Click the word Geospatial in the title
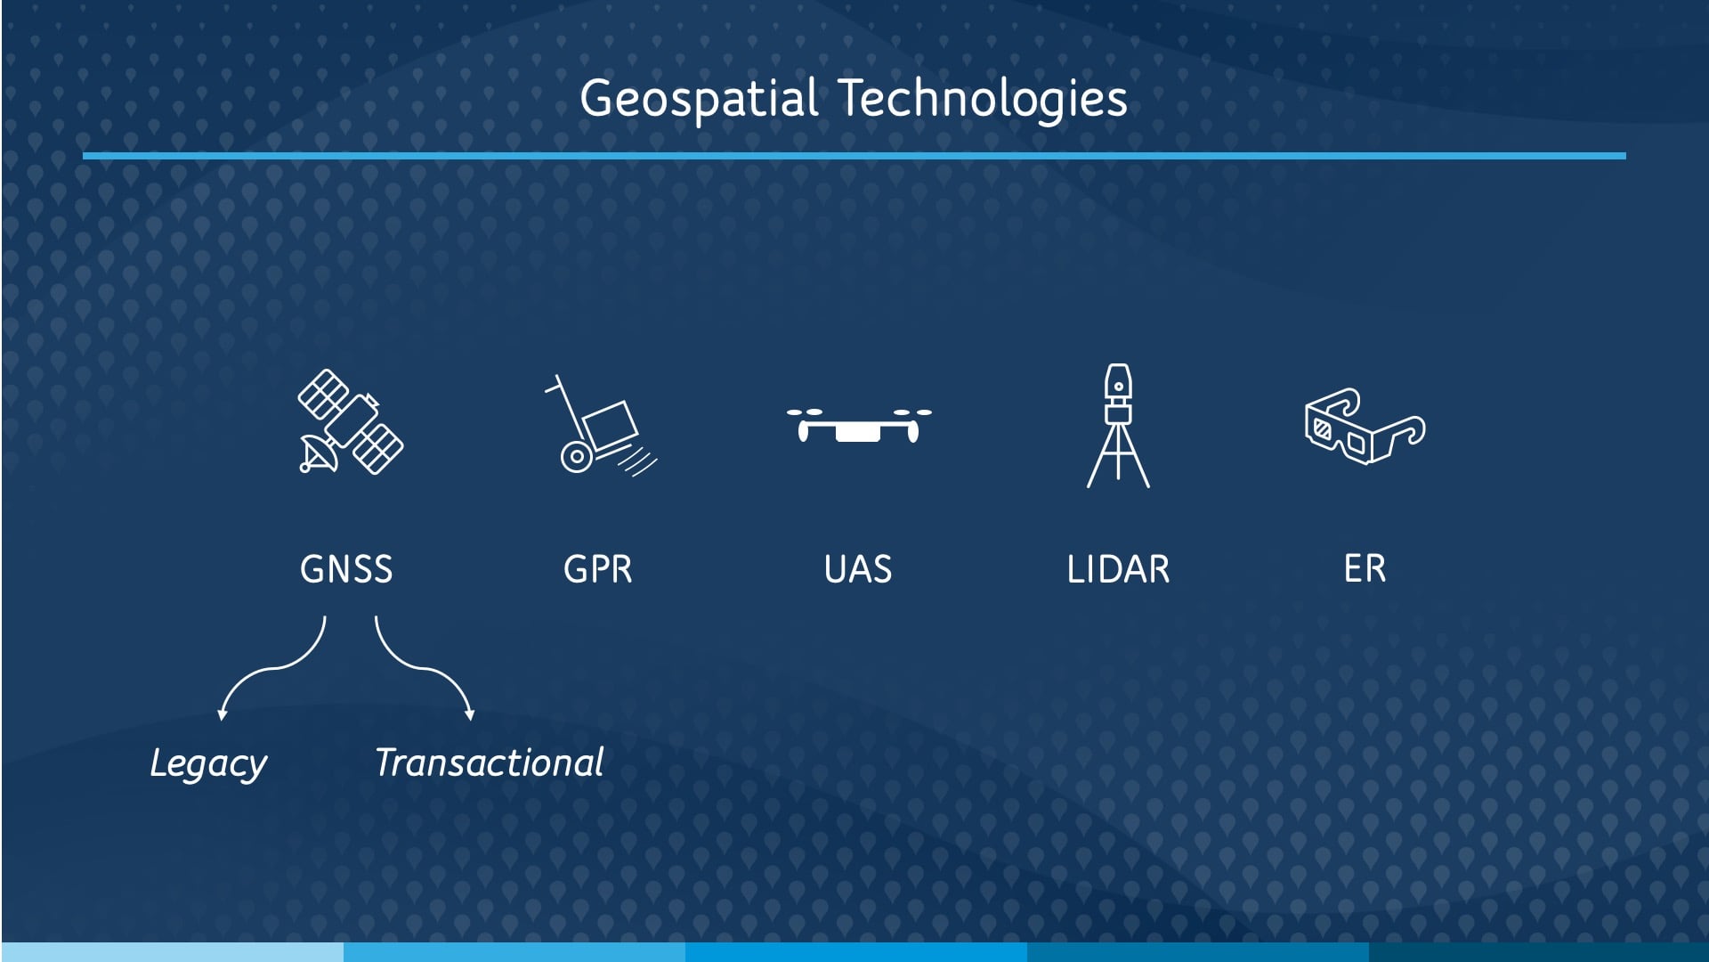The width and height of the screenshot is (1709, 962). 699,99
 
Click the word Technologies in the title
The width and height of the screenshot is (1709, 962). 984,99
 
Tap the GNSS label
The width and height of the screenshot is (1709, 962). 346,569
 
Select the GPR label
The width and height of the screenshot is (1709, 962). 598,569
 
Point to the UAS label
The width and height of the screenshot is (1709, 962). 858,569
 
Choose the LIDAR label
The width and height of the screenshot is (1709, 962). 1118,569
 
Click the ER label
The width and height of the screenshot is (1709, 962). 1365,569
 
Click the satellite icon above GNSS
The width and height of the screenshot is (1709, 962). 350,421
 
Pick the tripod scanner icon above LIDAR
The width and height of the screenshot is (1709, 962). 1118,425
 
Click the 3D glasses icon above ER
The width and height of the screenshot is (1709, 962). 1365,426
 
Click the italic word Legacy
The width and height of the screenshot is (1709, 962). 208,764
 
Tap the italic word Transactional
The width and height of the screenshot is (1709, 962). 489,762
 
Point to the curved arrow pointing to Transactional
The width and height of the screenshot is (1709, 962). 418,666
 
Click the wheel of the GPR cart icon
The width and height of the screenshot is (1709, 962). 577,457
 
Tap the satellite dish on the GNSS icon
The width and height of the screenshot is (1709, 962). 317,452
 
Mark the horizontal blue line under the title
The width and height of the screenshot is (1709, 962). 854,156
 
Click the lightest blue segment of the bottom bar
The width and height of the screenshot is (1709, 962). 173,952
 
